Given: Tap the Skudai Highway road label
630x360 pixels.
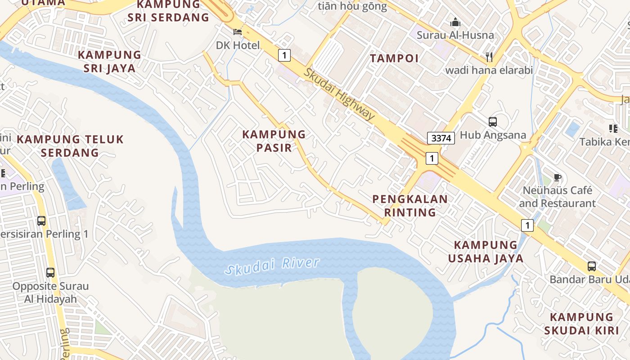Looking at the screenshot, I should click(338, 94).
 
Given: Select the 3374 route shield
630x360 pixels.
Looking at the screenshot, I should click(441, 138).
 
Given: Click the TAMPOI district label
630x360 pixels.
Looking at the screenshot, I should click(394, 58).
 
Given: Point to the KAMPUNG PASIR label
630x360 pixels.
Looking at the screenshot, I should click(274, 141).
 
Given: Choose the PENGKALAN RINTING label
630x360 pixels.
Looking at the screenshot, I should click(410, 206).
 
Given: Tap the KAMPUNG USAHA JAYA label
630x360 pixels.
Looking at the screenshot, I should click(486, 252).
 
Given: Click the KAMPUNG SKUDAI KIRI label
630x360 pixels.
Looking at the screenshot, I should click(581, 324).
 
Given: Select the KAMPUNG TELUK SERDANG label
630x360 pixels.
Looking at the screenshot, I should click(70, 146).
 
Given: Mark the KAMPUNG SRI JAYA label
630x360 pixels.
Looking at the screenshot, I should click(109, 62).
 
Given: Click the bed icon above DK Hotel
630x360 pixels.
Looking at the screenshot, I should click(237, 32).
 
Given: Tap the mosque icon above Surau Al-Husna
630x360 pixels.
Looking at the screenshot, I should click(455, 22).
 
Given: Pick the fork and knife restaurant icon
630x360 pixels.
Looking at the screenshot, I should click(489, 57).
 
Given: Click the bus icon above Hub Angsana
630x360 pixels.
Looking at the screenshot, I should click(493, 122).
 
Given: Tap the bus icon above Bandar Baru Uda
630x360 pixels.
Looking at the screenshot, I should click(591, 266).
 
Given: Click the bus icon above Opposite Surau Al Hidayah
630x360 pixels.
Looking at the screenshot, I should click(50, 273).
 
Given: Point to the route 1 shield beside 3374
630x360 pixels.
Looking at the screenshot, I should click(432, 158).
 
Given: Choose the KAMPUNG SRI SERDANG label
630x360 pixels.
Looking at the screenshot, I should click(168, 11).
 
